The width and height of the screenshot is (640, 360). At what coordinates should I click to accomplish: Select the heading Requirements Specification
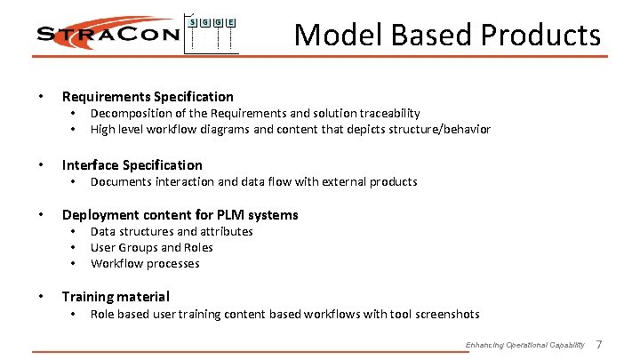coord(147,96)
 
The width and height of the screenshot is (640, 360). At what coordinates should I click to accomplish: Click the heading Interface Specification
coord(132,164)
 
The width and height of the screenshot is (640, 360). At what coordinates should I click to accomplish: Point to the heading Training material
coord(115,296)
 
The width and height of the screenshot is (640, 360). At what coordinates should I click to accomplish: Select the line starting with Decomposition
coord(255,113)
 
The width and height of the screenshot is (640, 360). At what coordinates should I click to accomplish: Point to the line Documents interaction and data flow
coord(253,181)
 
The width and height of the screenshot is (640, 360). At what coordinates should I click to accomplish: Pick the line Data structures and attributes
coord(172,231)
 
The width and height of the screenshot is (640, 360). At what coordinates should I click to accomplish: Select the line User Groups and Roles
coord(151,247)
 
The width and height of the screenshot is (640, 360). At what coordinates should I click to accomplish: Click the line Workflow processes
coord(145,263)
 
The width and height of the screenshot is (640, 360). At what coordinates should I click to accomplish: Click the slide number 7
coord(598,344)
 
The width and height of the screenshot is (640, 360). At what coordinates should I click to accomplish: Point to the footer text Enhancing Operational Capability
coord(524,345)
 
